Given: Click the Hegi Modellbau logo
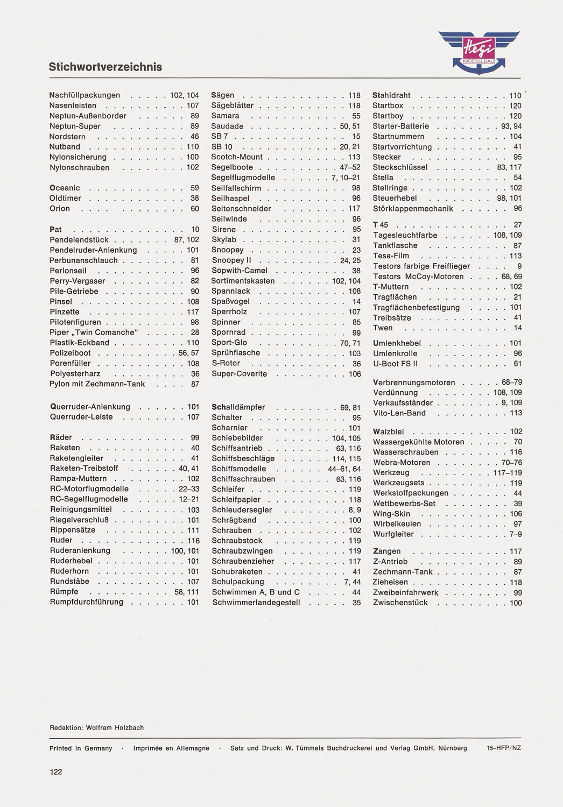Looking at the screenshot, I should point(478,52).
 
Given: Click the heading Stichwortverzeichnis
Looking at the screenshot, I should point(105,67).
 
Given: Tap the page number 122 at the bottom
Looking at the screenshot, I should point(56,771).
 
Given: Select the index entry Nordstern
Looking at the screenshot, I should point(67,137).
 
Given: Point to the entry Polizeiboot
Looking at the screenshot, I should point(71,353).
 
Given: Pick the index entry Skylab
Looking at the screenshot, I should point(224,239).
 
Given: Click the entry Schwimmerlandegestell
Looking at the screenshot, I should point(256,603).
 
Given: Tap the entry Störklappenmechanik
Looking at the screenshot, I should point(413,209).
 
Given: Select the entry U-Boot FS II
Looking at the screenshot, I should point(396,364).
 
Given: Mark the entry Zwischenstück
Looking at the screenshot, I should point(400,603).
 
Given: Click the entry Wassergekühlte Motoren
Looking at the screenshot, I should point(419,442).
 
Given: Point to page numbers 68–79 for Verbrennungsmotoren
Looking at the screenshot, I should point(512,383).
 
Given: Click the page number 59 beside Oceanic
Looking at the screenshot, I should point(195,188).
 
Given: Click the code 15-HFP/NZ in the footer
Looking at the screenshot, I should point(504,748).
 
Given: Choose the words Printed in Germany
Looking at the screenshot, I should point(81,748).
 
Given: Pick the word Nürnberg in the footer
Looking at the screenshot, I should point(453,748).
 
